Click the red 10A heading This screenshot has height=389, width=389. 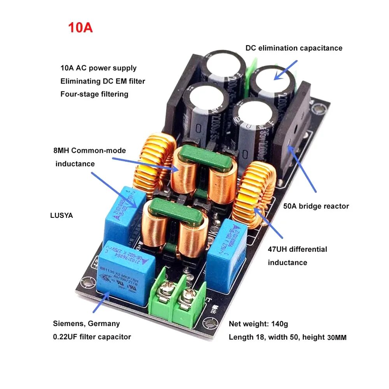(81, 28)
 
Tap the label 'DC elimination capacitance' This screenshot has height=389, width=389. (294, 48)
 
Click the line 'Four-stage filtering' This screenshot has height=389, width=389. (94, 94)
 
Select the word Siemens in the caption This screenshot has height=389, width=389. (68, 324)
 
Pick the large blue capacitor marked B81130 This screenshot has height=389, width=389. (125, 273)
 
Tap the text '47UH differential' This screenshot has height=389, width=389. (298, 249)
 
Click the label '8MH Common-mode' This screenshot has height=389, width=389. (89, 150)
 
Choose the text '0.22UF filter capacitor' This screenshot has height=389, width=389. (92, 336)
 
